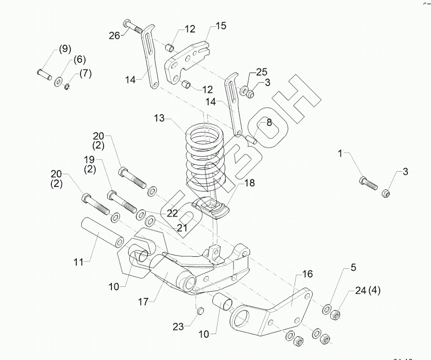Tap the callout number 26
pyautogui.click(x=114, y=35)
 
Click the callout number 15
pyautogui.click(x=221, y=26)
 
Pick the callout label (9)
pyautogui.click(x=64, y=49)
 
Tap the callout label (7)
pyautogui.click(x=85, y=73)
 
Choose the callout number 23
pyautogui.click(x=179, y=326)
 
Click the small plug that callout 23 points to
pyautogui.click(x=201, y=310)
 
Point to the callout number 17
pyautogui.click(x=143, y=302)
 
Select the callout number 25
pyautogui.click(x=262, y=72)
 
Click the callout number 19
pyautogui.click(x=89, y=160)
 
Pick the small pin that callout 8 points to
pyautogui.click(x=253, y=138)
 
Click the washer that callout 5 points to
pyautogui.click(x=327, y=308)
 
